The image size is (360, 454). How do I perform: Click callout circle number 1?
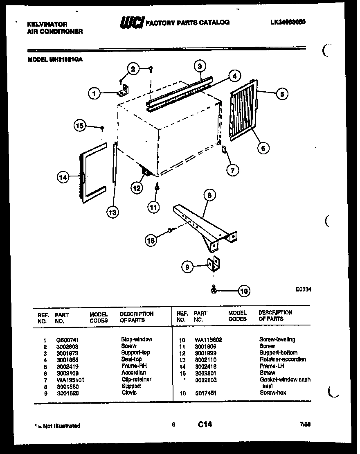pos(94,94)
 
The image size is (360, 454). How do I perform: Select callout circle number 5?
pos(281,94)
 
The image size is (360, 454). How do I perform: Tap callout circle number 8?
pos(209,196)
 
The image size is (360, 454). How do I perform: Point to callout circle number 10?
pos(244,291)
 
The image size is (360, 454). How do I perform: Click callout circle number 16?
pos(151,241)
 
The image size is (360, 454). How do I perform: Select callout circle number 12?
pos(137,188)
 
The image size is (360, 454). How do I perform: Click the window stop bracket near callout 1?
pos(124,90)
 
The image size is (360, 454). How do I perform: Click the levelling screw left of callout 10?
pos(214,290)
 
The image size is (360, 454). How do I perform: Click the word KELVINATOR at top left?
pos(47,25)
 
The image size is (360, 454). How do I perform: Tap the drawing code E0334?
pos(303,289)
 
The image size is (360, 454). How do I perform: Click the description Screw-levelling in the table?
pos(277,339)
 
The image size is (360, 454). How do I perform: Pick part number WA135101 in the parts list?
pos(70,379)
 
